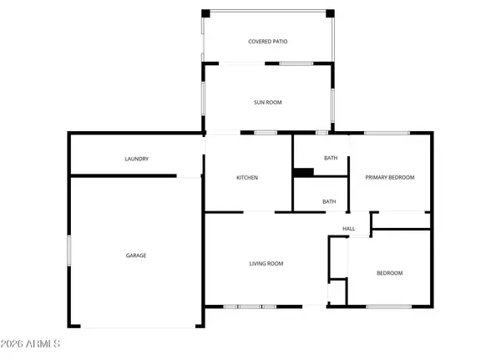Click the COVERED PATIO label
267,41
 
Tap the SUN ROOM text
267,103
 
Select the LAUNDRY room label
136,159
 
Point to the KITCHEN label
246,178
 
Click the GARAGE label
136,256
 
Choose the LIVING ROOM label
266,264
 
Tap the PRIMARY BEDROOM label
390,178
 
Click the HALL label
349,229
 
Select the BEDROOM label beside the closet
389,273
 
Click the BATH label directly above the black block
330,158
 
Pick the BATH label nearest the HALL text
329,201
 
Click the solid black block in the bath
303,173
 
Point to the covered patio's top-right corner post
330,13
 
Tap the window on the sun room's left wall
204,103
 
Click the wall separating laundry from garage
123,175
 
